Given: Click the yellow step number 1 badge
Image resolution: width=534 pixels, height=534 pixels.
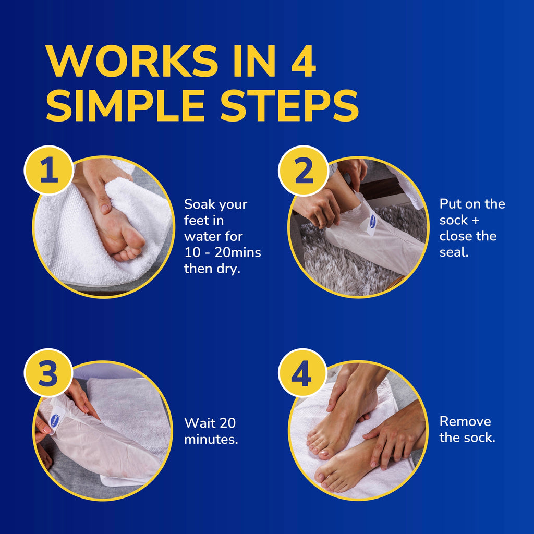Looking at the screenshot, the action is tap(49, 171).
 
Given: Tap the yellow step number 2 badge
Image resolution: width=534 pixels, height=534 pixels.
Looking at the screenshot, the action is tap(304, 171).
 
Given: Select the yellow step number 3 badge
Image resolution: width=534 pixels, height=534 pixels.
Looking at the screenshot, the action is tap(48, 373).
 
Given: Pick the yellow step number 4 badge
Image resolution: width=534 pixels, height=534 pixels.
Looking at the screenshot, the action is tap(302, 373).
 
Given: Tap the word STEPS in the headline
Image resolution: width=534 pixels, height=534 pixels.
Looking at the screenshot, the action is tap(289, 105).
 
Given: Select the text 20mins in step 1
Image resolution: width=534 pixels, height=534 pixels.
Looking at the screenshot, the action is tap(238, 253).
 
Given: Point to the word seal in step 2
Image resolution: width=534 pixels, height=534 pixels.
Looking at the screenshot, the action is tap(453, 252).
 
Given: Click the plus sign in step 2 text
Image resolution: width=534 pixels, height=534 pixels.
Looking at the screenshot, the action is tap(476, 221).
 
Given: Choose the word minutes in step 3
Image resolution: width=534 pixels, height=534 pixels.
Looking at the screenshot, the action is tap(211, 439).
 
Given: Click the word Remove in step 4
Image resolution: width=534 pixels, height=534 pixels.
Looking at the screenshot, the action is tap(465, 421).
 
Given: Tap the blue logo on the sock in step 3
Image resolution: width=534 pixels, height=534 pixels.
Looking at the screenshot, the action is tap(54, 421).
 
